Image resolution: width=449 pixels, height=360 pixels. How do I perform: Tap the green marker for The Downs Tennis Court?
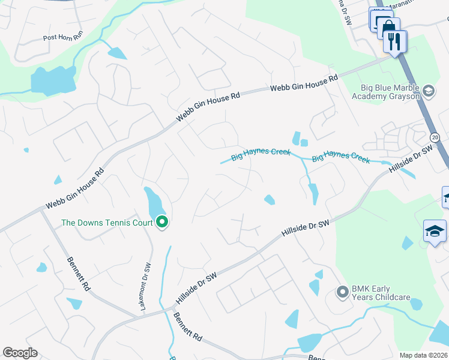(x=162, y=223)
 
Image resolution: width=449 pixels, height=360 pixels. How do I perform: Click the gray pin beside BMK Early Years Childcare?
(x=343, y=293)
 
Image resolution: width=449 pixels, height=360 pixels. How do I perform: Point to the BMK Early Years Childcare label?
(x=381, y=293)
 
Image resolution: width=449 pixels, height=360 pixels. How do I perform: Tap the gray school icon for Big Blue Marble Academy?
(x=429, y=92)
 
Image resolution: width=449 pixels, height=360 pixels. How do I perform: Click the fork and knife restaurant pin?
(x=394, y=42)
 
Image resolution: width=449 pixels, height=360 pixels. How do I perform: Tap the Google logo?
(x=20, y=353)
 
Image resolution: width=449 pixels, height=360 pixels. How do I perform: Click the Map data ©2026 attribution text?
(x=423, y=355)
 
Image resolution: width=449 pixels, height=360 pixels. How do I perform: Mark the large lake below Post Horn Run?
(x=53, y=80)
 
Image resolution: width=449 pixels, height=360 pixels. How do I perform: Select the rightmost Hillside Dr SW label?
(x=411, y=161)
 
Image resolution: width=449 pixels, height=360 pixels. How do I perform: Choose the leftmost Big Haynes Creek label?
(x=260, y=152)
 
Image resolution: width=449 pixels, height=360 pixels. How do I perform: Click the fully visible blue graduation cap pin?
(x=435, y=231)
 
